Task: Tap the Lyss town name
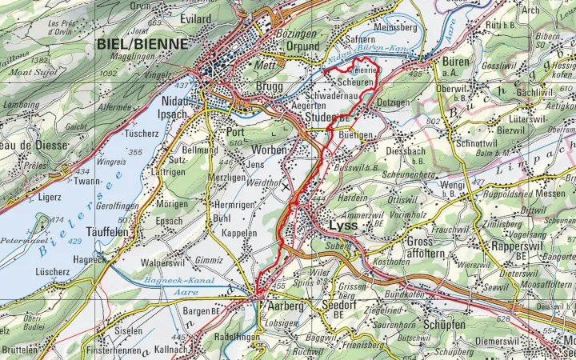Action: pyautogui.click(x=343, y=226)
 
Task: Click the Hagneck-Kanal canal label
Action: pyautogui.click(x=177, y=280)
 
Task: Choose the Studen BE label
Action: pyautogui.click(x=328, y=118)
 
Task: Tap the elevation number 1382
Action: pyautogui.click(x=38, y=61)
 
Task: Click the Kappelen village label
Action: pyautogui.click(x=239, y=233)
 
